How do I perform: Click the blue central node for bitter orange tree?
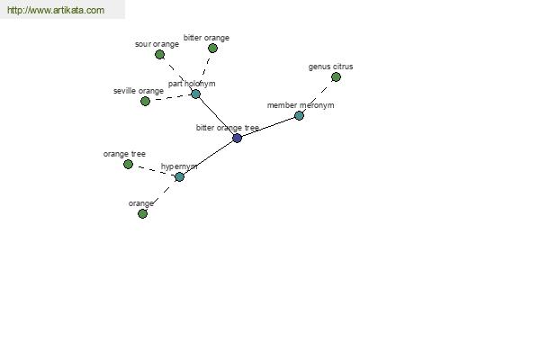pyautogui.click(x=237, y=138)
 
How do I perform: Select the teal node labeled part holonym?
pyautogui.click(x=195, y=94)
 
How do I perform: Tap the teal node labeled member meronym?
pyautogui.click(x=300, y=116)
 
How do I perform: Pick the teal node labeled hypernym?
pyautogui.click(x=179, y=177)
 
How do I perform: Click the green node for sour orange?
pyautogui.click(x=159, y=54)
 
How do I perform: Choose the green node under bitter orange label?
pyautogui.click(x=212, y=49)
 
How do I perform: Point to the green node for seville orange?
pyautogui.click(x=145, y=102)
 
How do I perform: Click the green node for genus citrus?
pyautogui.click(x=336, y=77)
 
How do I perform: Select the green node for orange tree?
pyautogui.click(x=128, y=165)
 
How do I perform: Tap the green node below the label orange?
pyautogui.click(x=142, y=214)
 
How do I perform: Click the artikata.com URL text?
pyautogui.click(x=56, y=10)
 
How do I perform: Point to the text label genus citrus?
pyautogui.click(x=330, y=67)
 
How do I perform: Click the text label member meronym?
pyautogui.click(x=301, y=105)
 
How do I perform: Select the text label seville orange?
pyautogui.click(x=139, y=91)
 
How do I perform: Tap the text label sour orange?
pyautogui.click(x=157, y=44)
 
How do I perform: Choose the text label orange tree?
pyautogui.click(x=124, y=154)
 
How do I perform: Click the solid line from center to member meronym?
pyautogui.click(x=268, y=127)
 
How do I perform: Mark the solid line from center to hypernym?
pyautogui.click(x=209, y=157)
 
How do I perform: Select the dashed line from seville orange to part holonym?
pyautogui.click(x=170, y=98)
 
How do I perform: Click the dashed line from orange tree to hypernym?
pyautogui.click(x=154, y=171)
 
